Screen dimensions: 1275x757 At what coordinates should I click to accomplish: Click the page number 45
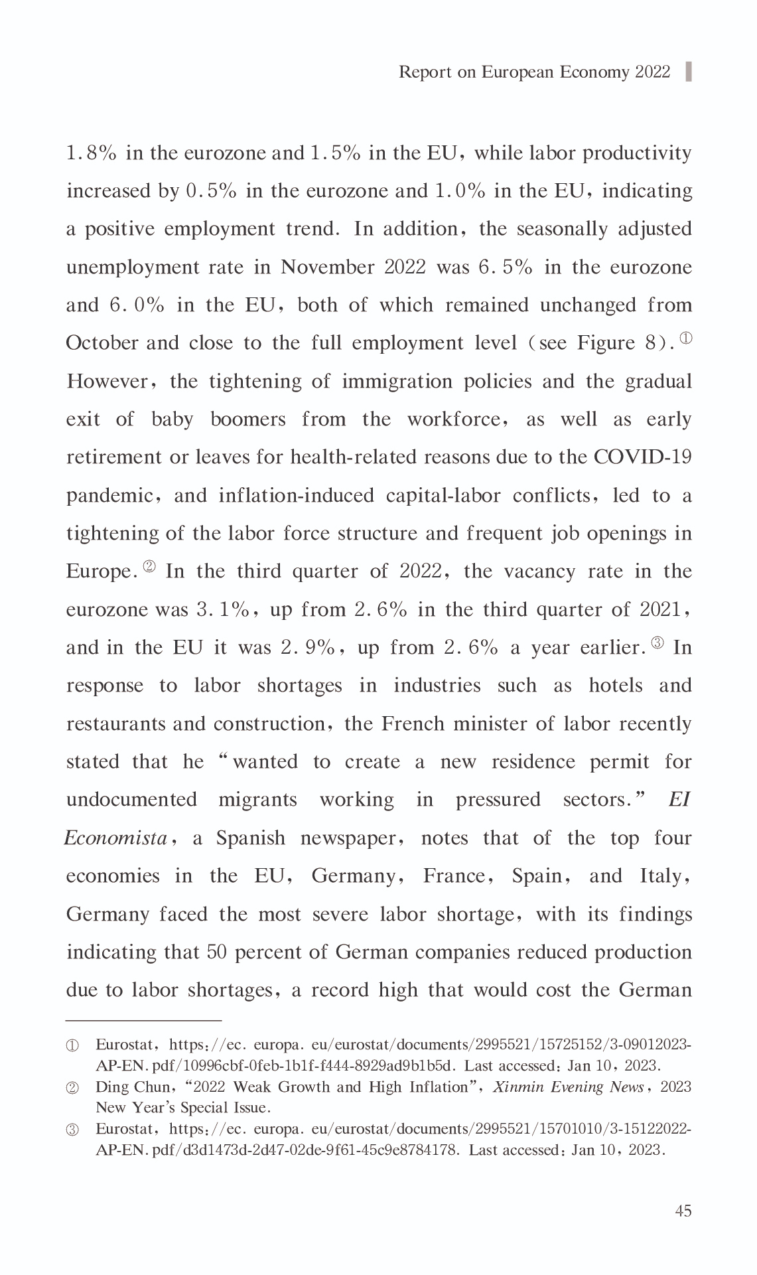point(683,1211)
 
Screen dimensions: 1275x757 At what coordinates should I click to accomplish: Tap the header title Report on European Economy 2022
point(534,72)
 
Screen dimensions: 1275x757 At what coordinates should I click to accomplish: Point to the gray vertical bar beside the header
point(689,71)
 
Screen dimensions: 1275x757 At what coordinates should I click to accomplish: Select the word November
point(327,267)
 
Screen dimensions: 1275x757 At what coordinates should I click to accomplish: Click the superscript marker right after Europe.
point(149,566)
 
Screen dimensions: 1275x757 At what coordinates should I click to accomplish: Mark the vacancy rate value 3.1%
point(222,610)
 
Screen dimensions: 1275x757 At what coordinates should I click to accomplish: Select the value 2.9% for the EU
point(308,648)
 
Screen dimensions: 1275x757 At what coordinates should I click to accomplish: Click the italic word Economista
point(115,838)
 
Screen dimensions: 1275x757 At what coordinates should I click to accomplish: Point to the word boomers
point(247,419)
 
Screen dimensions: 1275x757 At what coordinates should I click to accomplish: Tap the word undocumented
point(131,800)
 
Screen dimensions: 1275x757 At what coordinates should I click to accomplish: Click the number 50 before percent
point(217,952)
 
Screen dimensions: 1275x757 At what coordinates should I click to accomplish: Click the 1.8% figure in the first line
point(92,153)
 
